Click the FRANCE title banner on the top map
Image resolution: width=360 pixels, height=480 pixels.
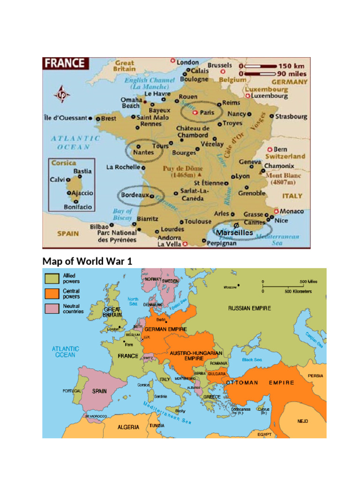point(65,63)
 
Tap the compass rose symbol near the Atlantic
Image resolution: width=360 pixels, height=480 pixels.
point(61,94)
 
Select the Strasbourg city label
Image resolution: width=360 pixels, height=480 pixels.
point(291,116)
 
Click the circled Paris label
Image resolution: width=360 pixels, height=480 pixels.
point(206,112)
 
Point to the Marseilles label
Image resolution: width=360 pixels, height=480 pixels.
point(234,232)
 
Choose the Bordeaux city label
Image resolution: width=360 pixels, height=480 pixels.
point(135,195)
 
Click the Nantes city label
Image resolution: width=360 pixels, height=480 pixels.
point(143,152)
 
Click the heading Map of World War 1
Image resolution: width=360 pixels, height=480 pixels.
point(87,261)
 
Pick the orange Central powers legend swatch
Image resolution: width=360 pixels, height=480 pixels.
point(52,293)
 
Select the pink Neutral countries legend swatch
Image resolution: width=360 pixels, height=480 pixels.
point(52,308)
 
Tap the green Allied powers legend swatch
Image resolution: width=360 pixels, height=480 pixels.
point(52,278)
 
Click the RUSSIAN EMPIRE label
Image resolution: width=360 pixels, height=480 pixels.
point(249,308)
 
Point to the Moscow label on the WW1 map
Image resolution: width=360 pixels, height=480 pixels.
point(230,287)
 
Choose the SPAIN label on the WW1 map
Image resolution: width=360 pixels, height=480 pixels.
point(99,391)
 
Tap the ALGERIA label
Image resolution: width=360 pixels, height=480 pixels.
point(128,427)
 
